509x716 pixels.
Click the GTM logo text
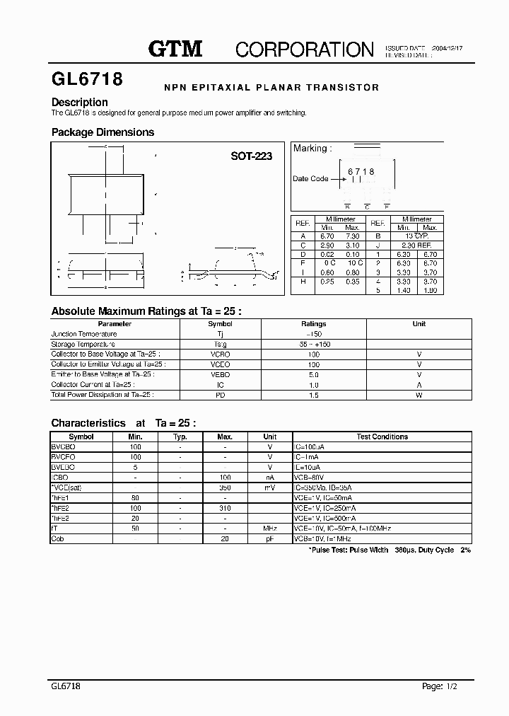tap(175, 49)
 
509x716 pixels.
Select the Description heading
tap(79, 102)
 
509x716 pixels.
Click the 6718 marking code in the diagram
tap(361, 172)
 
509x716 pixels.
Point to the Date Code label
tap(310, 179)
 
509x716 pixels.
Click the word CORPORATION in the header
tap(304, 50)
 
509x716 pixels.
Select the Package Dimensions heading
tap(103, 132)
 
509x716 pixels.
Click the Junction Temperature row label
tap(84, 334)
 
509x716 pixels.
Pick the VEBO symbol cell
tap(221, 374)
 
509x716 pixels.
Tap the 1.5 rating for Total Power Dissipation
tap(314, 395)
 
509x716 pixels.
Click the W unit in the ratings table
tap(419, 395)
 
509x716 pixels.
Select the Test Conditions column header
tap(382, 437)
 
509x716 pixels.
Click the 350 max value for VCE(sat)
tap(226, 488)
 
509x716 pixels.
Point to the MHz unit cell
tap(269, 529)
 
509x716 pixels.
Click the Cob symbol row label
tap(58, 538)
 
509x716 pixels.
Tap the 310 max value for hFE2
tap(226, 508)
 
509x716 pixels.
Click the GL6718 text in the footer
tap(66, 686)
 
